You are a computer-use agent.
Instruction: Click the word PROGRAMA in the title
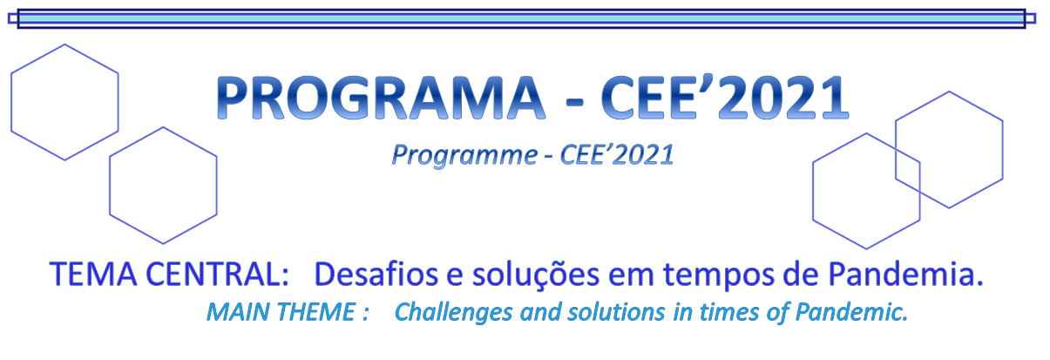pyautogui.click(x=381, y=98)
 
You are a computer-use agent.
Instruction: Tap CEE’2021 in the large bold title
pyautogui.click(x=725, y=98)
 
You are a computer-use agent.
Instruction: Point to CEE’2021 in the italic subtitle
pyautogui.click(x=617, y=154)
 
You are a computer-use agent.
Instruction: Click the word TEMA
pyautogui.click(x=93, y=275)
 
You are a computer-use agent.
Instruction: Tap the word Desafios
pyautogui.click(x=376, y=275)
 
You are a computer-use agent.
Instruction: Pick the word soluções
pyautogui.click(x=536, y=275)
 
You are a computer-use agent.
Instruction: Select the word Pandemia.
pyautogui.click(x=905, y=275)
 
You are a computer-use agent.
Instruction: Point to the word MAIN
pyautogui.click(x=238, y=312)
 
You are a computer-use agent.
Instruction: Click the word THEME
pyautogui.click(x=316, y=312)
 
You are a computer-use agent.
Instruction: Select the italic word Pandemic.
pyautogui.click(x=851, y=312)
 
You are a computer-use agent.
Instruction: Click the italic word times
pyautogui.click(x=728, y=312)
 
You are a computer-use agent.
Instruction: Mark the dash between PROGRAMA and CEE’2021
pyautogui.click(x=575, y=101)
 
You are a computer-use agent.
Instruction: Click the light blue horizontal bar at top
pyautogui.click(x=522, y=19)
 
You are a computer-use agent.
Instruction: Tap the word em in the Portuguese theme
pyautogui.click(x=631, y=276)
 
